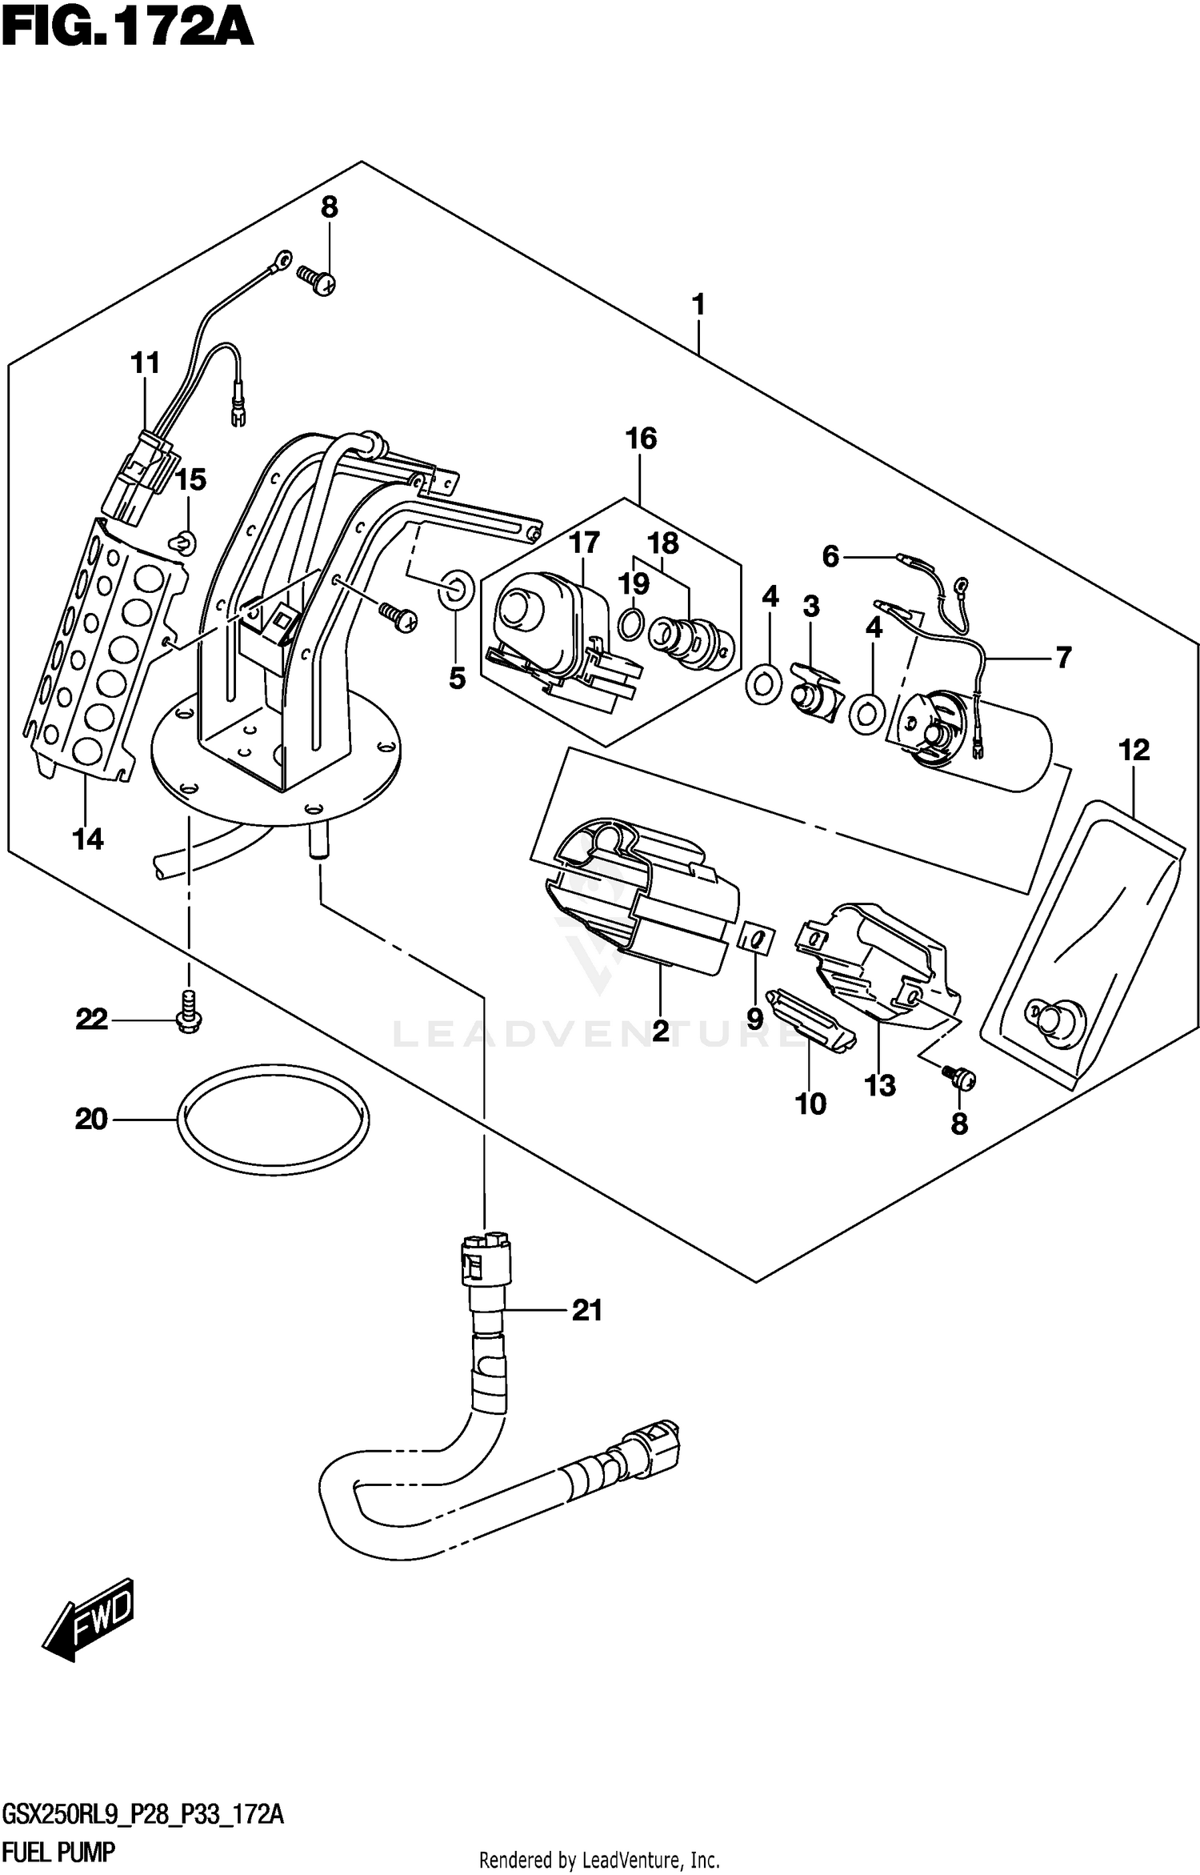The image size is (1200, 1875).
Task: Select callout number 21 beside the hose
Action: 586,1310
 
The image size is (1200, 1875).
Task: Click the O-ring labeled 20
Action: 273,1120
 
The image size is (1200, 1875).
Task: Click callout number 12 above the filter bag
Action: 1134,750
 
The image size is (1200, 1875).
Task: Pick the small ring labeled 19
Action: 630,623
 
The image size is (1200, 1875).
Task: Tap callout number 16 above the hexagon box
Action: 642,439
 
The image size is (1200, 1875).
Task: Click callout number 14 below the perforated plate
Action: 88,839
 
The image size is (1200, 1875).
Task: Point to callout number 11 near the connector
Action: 146,363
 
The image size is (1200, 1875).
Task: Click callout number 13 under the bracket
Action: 880,1085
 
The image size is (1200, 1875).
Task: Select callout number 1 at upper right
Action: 698,305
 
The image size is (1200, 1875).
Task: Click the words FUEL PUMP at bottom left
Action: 58,1850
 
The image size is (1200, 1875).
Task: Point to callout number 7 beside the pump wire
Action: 1062,658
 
